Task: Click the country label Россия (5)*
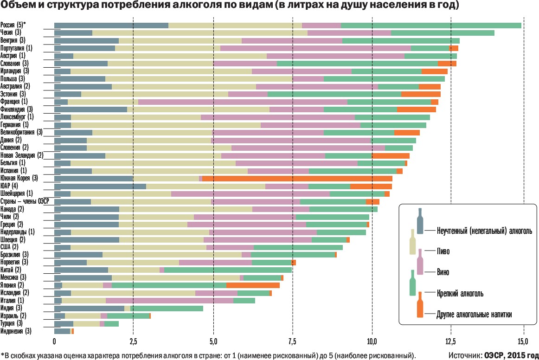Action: click(13, 25)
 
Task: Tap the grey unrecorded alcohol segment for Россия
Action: click(111, 25)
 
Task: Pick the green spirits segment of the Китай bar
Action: click(228, 270)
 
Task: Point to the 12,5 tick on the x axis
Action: click(451, 343)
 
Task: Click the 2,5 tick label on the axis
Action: click(133, 343)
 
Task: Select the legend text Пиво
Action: click(443, 251)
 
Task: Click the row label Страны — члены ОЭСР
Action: click(25, 201)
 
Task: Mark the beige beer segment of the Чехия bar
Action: click(199, 33)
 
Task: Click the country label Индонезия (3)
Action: click(16, 331)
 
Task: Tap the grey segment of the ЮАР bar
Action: click(100, 186)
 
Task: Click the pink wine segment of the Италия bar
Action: click(169, 301)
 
